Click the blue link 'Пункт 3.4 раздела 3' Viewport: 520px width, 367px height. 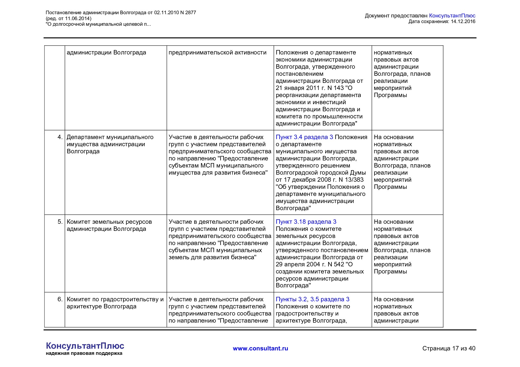pos(304,137)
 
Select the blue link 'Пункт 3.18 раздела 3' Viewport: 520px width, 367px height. pos(306,222)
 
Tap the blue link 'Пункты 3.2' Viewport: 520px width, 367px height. pos(291,300)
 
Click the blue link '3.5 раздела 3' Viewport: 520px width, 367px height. pos(330,300)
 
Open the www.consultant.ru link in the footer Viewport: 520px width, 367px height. pos(260,349)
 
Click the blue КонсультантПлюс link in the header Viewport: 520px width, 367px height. pos(452,16)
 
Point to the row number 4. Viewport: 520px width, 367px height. pos(60,137)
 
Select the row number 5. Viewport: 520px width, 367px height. pos(60,222)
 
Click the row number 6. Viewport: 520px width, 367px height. pos(60,300)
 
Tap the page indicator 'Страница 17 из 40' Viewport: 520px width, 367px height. pos(449,349)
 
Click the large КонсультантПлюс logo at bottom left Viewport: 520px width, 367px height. pos(85,346)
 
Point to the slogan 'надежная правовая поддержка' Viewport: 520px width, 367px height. pos(84,353)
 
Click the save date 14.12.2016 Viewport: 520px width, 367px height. pos(463,22)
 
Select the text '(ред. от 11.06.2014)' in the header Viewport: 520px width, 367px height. pos(68,19)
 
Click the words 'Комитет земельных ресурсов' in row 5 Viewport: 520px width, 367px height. pos(109,222)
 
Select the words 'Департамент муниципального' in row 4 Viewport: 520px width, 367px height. pos(110,137)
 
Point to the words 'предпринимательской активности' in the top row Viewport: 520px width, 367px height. pos(217,53)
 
